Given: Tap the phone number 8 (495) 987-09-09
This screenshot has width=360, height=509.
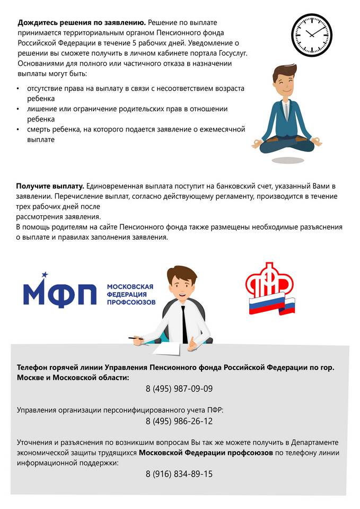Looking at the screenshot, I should click(179, 389).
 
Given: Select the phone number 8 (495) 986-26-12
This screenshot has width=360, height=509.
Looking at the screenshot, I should click(179, 422).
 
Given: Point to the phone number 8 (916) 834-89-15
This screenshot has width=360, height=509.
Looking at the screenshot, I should click(179, 474).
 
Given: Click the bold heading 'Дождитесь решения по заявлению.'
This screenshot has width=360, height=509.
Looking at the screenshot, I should click(82, 23).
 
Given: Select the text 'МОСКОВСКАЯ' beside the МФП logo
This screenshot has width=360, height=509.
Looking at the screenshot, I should click(130, 286).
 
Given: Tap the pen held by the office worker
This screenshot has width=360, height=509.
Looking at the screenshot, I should click(136, 337).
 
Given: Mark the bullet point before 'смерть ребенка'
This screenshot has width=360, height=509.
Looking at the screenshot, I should click(19, 129).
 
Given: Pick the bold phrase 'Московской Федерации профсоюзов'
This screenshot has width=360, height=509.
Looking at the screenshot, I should click(206, 453).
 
